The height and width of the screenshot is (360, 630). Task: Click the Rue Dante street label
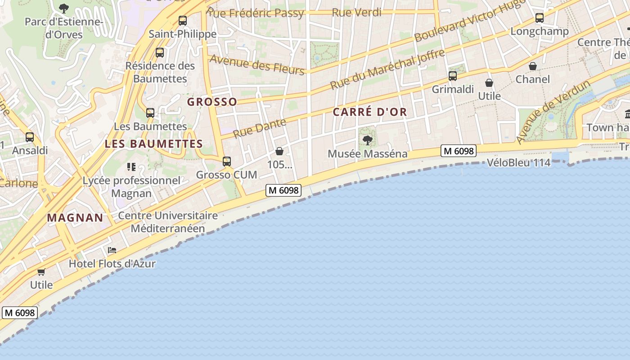point(260,127)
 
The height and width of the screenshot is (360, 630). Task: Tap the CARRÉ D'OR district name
point(370,112)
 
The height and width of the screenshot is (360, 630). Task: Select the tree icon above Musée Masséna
point(368,140)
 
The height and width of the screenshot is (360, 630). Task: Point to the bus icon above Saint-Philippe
point(182,21)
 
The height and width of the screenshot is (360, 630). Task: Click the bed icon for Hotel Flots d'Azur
point(112,250)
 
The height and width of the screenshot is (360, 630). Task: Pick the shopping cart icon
point(41,272)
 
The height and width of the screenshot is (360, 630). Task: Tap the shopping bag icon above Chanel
point(533,66)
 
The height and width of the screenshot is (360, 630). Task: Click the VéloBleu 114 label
point(519,162)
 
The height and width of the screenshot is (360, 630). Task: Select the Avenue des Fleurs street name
point(257,64)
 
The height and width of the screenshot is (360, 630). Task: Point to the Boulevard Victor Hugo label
point(470,21)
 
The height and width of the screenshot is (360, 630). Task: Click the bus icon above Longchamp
point(540,18)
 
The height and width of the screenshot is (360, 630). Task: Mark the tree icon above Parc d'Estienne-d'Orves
point(64,8)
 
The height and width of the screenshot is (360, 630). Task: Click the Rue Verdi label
point(356,13)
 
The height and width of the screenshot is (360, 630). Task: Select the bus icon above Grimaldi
point(453,76)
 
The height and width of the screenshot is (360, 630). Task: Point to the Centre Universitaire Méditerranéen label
point(168,222)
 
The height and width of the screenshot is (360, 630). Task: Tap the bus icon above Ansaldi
point(30,137)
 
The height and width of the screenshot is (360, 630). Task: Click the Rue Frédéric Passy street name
point(256,13)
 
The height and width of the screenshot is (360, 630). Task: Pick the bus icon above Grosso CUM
point(227,161)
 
